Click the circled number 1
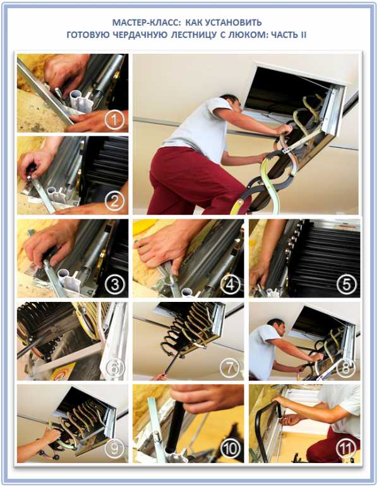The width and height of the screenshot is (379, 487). pyautogui.click(x=114, y=120)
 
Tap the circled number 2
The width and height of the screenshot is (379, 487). pyautogui.click(x=114, y=202)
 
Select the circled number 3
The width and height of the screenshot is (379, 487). pyautogui.click(x=114, y=284)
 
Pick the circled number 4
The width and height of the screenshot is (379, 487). pyautogui.click(x=230, y=284)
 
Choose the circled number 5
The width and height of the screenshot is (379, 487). pyautogui.click(x=346, y=284)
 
